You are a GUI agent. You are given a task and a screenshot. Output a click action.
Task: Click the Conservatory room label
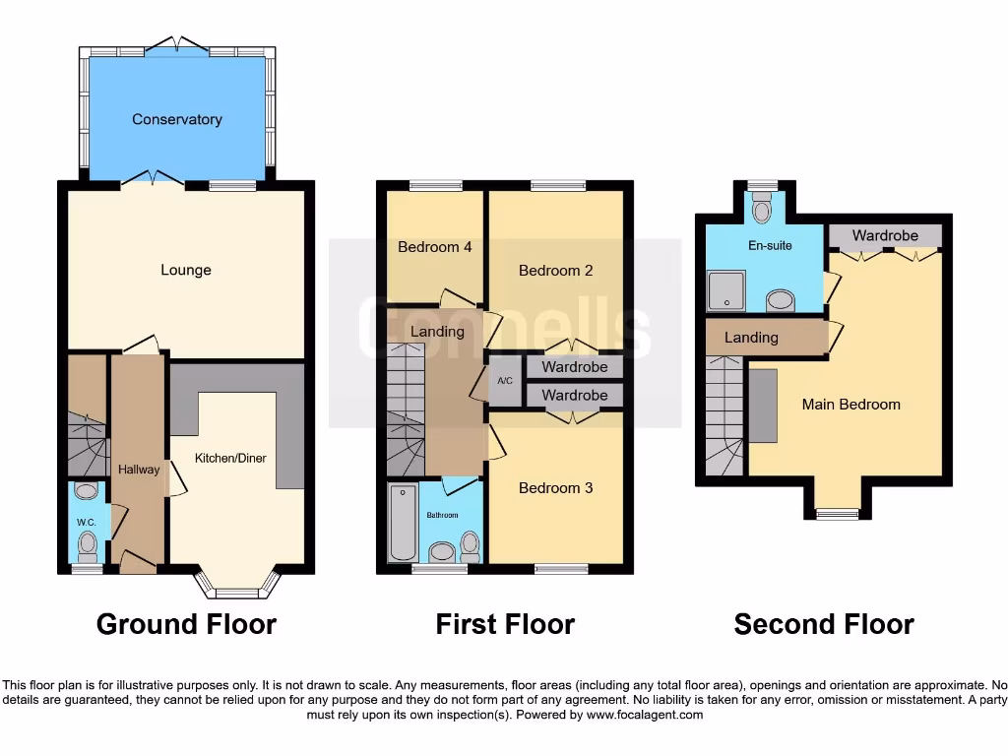coord(177,119)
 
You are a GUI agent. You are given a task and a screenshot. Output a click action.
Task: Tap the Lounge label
coord(186,270)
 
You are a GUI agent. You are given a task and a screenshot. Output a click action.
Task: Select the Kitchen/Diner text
coord(230,458)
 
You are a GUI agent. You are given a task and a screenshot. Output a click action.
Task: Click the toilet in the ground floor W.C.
coord(88,542)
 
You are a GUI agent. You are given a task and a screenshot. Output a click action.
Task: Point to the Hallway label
coord(139,470)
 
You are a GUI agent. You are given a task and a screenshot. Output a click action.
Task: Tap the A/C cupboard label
coord(505,381)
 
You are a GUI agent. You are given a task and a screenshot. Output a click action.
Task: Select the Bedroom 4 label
coord(434,247)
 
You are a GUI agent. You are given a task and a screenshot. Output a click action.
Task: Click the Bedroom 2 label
coord(556,270)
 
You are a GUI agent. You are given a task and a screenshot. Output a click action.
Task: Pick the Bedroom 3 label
coord(556,487)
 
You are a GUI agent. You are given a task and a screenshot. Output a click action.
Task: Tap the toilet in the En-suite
coord(761,209)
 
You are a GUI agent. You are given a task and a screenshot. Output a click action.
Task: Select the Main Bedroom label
coord(850,404)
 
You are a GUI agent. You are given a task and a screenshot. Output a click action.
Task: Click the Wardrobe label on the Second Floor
coord(885,235)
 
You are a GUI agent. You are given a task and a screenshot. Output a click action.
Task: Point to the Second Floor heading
coord(824,624)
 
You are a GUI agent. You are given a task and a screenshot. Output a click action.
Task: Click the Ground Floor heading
coord(186,624)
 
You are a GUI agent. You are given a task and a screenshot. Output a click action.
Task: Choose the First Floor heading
coord(505,624)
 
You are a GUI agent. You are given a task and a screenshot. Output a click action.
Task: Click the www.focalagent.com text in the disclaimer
coord(645,715)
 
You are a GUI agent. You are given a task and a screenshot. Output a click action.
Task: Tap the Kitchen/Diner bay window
coord(237,591)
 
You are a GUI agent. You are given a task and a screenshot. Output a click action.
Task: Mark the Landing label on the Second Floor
coord(751,338)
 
